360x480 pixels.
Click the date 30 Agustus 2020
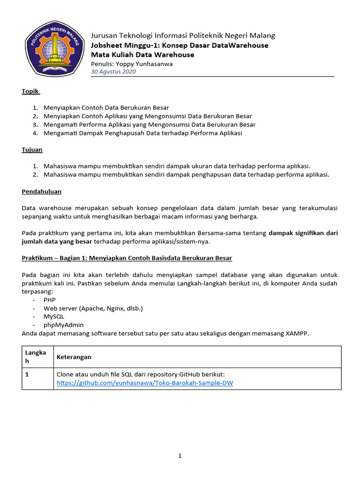[x=113, y=72]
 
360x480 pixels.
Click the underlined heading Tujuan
[x=32, y=150]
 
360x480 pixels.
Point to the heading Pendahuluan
[x=42, y=191]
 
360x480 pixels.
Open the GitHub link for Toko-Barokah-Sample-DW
[x=145, y=383]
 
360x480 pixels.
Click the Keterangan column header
[x=74, y=357]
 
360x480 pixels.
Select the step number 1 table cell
[x=27, y=375]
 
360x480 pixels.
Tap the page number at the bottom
[x=180, y=456]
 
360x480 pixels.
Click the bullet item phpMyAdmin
[x=64, y=325]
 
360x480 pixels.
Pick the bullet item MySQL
[x=54, y=316]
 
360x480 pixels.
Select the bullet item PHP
[x=49, y=300]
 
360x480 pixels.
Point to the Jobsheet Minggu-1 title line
[x=180, y=45]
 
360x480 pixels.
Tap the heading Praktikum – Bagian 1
[x=127, y=258]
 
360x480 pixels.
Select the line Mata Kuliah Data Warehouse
[x=142, y=55]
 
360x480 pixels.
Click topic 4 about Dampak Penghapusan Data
[x=142, y=133]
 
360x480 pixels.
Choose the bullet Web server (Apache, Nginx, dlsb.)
[x=93, y=308]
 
